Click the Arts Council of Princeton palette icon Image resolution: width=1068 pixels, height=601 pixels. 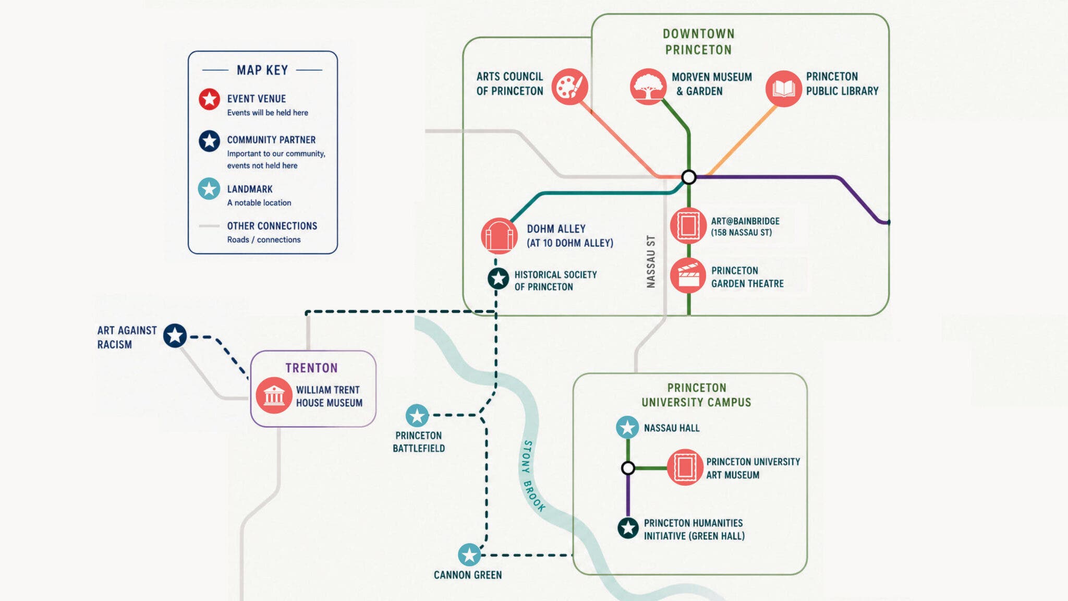(570, 87)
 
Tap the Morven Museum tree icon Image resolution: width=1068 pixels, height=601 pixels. (648, 87)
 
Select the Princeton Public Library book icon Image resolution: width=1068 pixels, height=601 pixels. (783, 88)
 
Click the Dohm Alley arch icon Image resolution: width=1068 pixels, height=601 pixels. (499, 236)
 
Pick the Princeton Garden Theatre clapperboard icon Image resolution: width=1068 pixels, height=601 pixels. (688, 275)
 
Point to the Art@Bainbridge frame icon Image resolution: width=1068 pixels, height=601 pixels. (688, 226)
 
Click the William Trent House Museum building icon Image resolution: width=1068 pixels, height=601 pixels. (274, 395)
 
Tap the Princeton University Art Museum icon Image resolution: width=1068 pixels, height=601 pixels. (685, 467)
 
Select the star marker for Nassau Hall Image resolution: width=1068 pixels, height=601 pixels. (627, 427)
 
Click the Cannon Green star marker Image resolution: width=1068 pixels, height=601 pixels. (469, 555)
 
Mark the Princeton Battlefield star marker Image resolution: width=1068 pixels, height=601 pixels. (417, 416)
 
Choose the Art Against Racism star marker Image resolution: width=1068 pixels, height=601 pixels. (175, 335)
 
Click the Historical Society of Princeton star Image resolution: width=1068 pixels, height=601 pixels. (498, 279)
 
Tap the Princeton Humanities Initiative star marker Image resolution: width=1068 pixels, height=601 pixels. (628, 528)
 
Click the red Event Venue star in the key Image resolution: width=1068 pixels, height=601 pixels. (209, 99)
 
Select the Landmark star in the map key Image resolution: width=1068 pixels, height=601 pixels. (209, 189)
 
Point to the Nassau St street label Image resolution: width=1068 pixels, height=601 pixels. (651, 261)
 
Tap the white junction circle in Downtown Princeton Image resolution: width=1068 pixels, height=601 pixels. (689, 177)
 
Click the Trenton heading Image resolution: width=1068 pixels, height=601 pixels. (311, 368)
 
